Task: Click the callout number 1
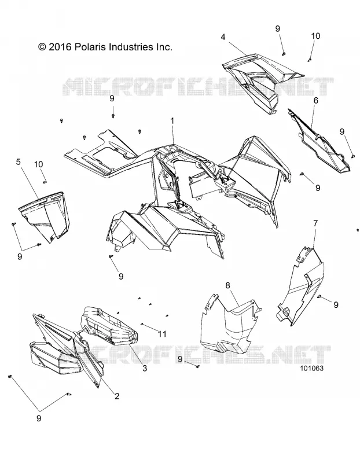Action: (x=172, y=121)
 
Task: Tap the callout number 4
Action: (x=232, y=37)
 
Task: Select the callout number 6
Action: (x=316, y=100)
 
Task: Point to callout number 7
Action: (x=315, y=223)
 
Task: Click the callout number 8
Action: (x=227, y=285)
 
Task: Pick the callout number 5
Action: (x=19, y=162)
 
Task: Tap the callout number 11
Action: (x=163, y=334)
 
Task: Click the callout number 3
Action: (x=145, y=368)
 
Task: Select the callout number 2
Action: (x=117, y=396)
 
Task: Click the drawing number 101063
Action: (x=311, y=368)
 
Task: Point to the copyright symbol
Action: (x=42, y=47)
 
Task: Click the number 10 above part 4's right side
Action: (x=315, y=36)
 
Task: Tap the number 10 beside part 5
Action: (x=38, y=164)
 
